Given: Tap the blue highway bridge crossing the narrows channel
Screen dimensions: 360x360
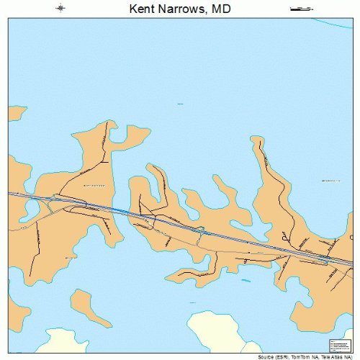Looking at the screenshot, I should (122, 210).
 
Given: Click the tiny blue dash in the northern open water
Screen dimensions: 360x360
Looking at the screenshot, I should (179, 103).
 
